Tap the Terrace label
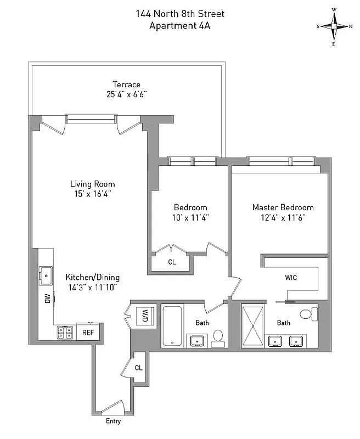point(127,85)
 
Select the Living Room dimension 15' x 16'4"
point(92,194)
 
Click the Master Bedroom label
point(283,207)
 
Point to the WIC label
point(291,278)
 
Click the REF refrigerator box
point(88,333)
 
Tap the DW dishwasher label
point(47,299)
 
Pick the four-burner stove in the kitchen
point(65,332)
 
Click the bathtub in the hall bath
point(173,326)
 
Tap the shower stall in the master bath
point(254,325)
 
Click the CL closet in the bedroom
point(172,262)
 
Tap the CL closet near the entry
point(138,368)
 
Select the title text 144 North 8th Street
point(180,14)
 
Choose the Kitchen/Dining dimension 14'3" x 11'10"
point(92,287)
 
